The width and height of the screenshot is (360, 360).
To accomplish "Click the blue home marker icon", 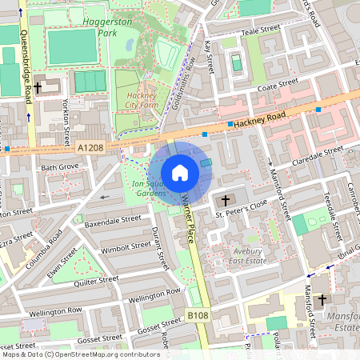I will tap(180, 172).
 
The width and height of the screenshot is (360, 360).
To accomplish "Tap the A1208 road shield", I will tap(90, 148).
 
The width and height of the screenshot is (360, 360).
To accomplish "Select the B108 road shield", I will tap(199, 317).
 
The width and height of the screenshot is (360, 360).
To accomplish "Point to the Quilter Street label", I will tap(95, 280).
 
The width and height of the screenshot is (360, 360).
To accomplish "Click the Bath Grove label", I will tap(60, 167).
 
